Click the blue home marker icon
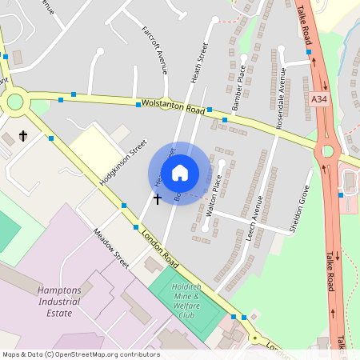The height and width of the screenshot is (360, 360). [x=180, y=173]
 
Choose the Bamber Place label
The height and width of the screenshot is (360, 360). [x=238, y=91]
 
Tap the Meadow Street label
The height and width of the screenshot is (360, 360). [x=110, y=248]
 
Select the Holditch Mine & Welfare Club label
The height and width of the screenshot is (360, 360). [x=186, y=305]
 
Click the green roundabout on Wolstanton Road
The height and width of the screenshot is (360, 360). [x=15, y=102]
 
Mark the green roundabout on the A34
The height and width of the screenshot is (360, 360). [x=326, y=151]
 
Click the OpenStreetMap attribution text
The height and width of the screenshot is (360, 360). [x=81, y=354]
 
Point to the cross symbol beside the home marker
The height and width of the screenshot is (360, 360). [x=157, y=198]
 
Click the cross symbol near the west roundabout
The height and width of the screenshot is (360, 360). [x=23, y=136]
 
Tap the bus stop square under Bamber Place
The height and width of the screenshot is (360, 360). [x=225, y=120]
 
